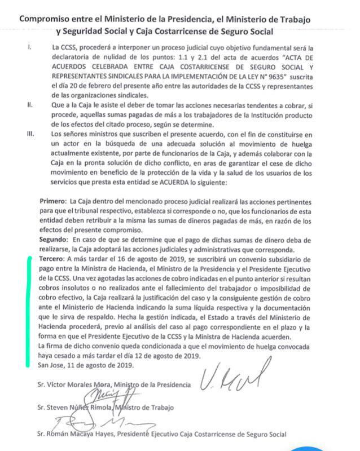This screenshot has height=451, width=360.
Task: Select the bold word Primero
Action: [52, 201]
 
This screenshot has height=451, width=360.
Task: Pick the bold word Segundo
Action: [54, 240]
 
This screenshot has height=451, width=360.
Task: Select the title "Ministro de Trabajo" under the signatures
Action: [149, 407]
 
